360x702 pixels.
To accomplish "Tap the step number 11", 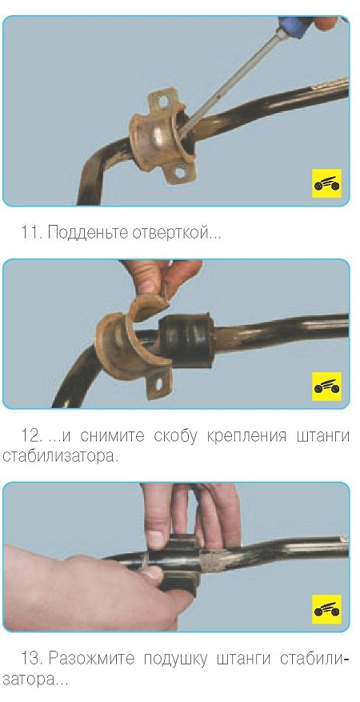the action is click(x=31, y=233).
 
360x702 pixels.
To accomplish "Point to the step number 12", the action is click(x=32, y=435).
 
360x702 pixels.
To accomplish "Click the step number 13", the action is click(x=32, y=659).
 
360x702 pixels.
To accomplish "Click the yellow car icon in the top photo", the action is click(x=326, y=183).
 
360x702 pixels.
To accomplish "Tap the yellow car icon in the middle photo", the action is click(x=326, y=387).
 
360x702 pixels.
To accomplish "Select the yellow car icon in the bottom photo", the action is click(x=326, y=609).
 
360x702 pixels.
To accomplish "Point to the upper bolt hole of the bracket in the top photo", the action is click(x=164, y=101).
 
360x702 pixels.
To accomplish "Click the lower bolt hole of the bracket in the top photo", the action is click(x=180, y=172).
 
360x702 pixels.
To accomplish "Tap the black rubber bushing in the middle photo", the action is click(x=188, y=340).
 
